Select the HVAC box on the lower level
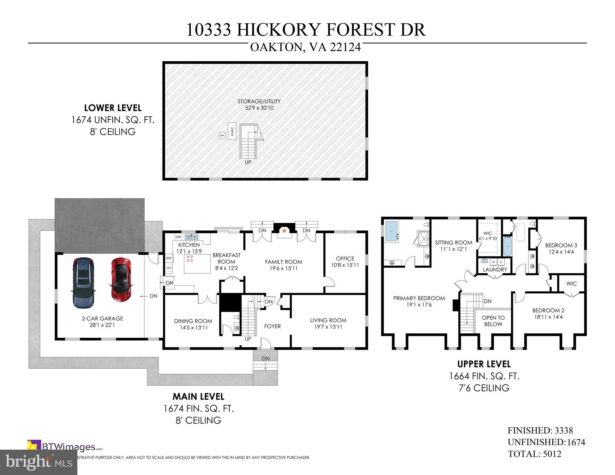[232, 131]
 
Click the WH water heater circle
[222, 135]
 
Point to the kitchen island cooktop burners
[190, 259]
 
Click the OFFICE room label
[345, 259]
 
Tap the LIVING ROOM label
[328, 320]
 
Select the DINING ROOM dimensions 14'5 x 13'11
[193, 327]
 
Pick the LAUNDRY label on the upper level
[495, 269]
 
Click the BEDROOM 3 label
[561, 245]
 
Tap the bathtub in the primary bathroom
[392, 231]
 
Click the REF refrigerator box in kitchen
[169, 258]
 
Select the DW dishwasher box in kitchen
[178, 237]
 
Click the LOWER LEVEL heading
[113, 108]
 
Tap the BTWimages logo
[65, 447]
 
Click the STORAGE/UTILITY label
[259, 101]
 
